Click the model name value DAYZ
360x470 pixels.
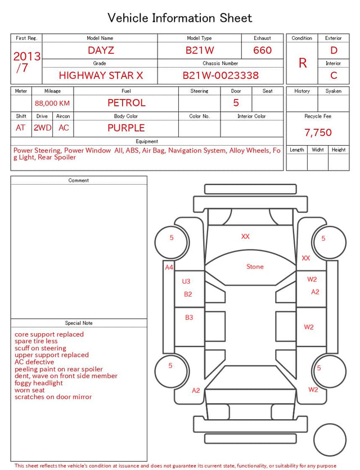101,50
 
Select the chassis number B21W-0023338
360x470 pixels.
220,75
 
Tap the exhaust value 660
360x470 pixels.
262,50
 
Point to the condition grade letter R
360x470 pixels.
303,63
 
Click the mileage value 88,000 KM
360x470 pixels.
52,104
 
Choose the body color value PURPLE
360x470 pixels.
126,128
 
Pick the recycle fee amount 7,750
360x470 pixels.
318,132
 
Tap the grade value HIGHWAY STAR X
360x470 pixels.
101,75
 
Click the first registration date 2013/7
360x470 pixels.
26,62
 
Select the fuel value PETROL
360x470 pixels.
127,103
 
